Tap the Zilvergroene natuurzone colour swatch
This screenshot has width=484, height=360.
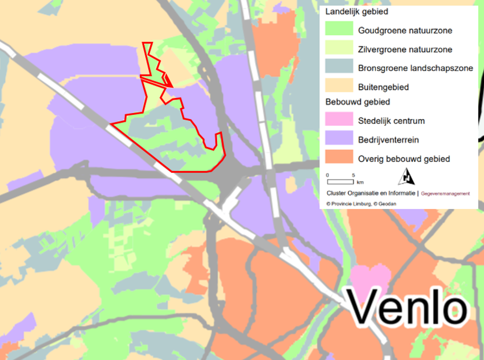tap(339, 49)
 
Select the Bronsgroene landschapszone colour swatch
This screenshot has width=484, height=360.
tap(339, 68)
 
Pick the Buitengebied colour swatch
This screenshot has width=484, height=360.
tap(339, 87)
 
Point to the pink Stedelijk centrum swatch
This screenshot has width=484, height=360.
tap(339, 120)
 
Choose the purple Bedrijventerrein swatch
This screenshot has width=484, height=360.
tap(339, 139)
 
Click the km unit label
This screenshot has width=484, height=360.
tap(360, 182)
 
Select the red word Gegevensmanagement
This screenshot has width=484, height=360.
tap(445, 193)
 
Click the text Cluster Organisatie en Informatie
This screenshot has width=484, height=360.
tap(371, 193)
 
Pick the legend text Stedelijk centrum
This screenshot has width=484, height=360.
tap(391, 120)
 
